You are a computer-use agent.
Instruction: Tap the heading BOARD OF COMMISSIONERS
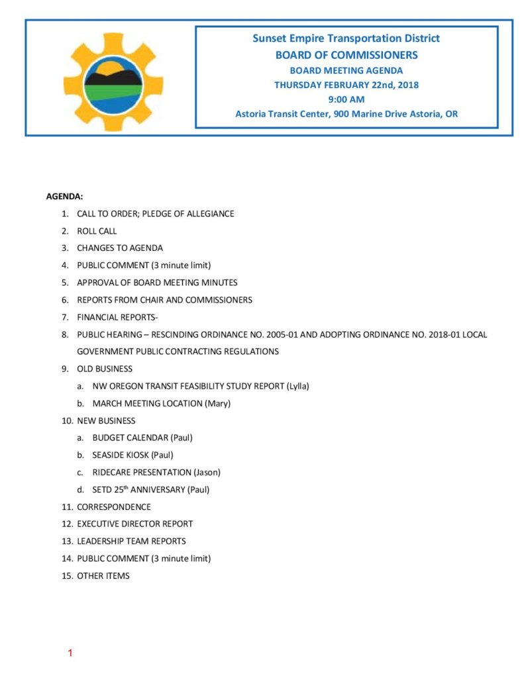click(346, 55)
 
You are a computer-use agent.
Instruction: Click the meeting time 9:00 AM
click(346, 99)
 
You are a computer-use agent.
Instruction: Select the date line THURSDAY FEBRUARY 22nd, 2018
click(346, 85)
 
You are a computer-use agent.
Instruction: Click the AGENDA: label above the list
click(64, 197)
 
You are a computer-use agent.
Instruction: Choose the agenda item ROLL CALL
click(97, 231)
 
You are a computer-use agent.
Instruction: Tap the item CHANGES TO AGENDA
click(120, 248)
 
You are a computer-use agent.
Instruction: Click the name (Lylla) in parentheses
click(297, 386)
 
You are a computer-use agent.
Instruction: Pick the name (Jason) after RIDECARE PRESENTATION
click(207, 472)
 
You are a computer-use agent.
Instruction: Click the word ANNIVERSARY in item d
click(158, 490)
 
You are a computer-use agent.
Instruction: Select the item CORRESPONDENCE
click(114, 507)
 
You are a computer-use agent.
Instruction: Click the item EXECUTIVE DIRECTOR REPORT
click(134, 524)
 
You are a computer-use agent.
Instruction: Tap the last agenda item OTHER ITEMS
click(103, 575)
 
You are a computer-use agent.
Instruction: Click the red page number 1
click(70, 654)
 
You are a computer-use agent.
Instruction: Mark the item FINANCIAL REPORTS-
click(117, 317)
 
